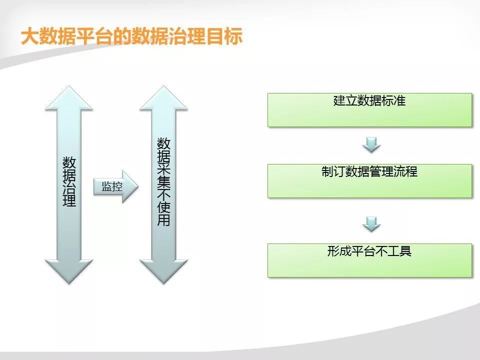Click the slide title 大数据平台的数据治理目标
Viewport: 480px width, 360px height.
131,36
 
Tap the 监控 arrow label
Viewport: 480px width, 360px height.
112,186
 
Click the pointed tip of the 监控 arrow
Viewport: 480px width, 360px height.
138,186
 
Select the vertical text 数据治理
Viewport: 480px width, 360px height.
69,182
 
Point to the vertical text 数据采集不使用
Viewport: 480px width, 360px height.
164,182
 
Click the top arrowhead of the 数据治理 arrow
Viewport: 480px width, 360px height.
69,97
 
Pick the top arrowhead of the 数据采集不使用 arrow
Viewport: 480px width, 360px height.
164,97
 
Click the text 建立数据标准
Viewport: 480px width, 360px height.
369,100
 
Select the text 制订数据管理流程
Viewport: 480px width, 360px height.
369,171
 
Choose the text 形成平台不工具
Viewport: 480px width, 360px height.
369,251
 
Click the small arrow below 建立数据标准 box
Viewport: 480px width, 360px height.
371,144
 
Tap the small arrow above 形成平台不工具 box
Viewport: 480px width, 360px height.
371,224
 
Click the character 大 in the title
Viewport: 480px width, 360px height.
29,36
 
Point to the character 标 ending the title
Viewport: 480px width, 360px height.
234,36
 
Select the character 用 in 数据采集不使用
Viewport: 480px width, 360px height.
164,219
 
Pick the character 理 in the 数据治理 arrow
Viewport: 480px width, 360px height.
69,200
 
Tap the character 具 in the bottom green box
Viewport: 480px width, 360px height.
405,251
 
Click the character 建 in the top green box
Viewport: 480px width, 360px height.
339,100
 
